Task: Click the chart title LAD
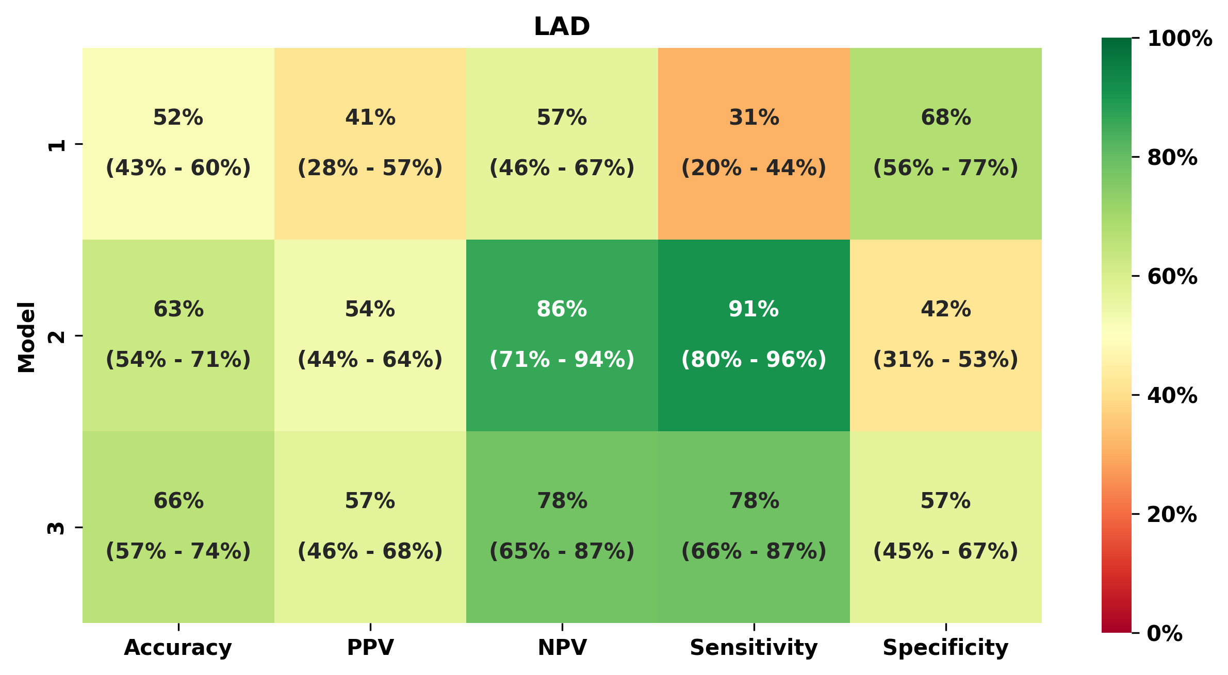562,27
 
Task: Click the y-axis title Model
27,336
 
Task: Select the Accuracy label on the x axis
178,647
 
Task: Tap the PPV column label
370,647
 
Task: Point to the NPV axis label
562,647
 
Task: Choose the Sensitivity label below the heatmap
754,647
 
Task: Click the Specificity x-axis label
945,647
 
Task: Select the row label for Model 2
57,336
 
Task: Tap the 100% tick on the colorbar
1180,39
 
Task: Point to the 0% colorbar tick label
1165,634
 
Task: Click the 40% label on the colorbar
1172,396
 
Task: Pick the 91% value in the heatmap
754,309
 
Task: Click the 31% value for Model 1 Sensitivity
754,117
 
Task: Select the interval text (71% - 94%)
562,359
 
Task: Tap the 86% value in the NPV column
562,309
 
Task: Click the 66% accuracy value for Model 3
178,501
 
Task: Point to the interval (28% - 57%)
370,168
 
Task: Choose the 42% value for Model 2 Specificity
945,309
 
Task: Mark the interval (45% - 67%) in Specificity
945,551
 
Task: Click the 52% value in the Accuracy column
178,117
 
